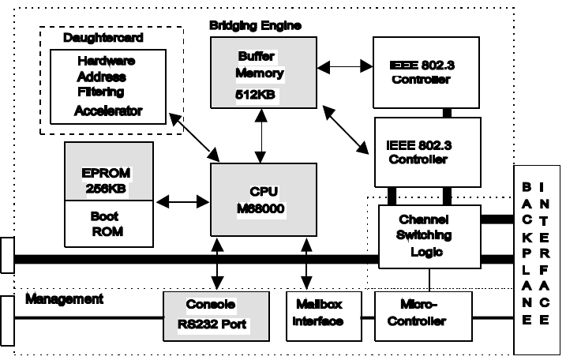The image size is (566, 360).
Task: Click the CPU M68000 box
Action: [x=257, y=200]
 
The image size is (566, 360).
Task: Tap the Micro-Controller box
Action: [x=422, y=315]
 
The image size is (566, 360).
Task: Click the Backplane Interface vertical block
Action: [x=537, y=261]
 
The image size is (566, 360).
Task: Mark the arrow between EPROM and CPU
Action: [x=182, y=202]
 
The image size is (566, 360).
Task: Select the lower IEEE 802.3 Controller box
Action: [x=426, y=152]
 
